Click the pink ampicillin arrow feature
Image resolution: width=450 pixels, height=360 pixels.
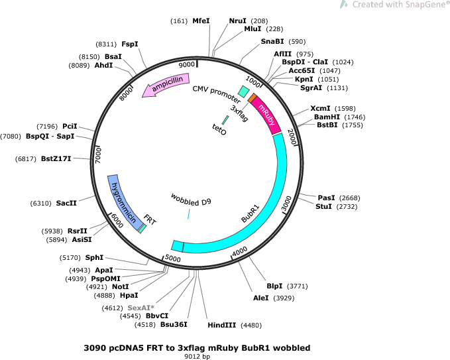click(166, 85)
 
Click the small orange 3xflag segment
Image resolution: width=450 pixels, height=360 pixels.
click(252, 97)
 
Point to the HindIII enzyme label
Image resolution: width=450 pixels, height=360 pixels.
click(222, 326)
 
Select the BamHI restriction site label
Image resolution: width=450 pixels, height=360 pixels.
click(327, 117)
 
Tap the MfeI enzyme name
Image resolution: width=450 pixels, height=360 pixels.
click(201, 21)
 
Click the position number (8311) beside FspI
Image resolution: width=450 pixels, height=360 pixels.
click(106, 44)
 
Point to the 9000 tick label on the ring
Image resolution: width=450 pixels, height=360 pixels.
click(186, 64)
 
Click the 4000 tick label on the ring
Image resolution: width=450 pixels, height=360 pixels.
click(240, 251)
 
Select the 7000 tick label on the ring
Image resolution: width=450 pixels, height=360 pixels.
click(98, 156)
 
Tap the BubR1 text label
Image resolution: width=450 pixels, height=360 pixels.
click(251, 213)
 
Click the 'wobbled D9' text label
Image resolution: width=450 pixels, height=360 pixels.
click(191, 200)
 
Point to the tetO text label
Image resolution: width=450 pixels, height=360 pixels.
click(219, 129)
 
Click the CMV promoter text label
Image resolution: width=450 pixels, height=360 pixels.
click(217, 94)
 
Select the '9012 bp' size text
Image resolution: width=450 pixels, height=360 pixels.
click(197, 356)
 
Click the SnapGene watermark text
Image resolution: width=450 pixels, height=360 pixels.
click(400, 5)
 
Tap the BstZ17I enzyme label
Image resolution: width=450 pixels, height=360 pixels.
click(56, 158)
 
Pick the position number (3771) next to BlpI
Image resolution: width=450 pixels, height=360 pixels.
click(298, 286)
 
